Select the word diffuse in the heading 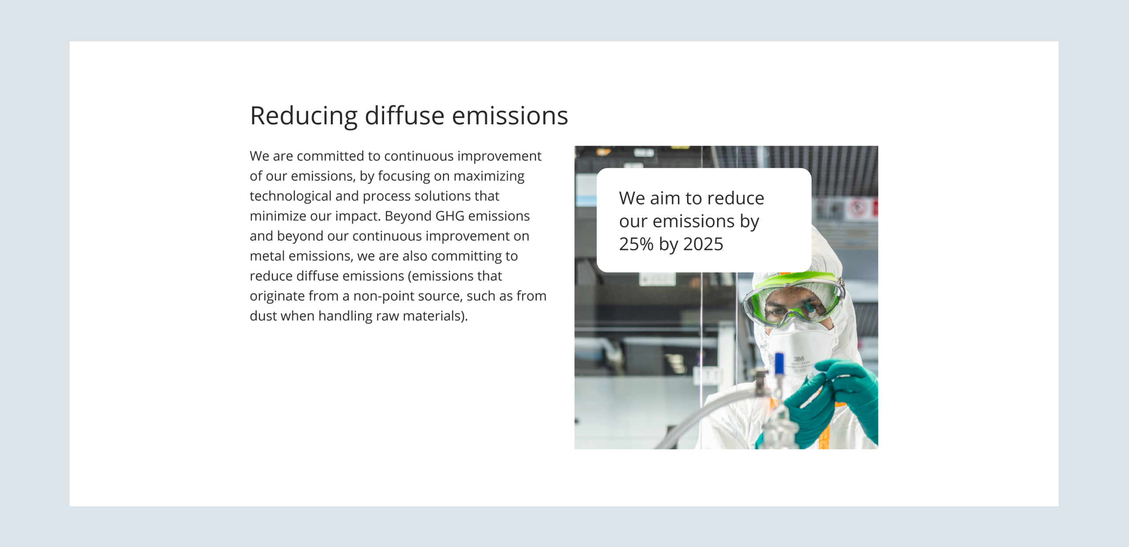tap(404, 116)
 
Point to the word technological tap(290, 196)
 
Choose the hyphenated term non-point tap(383, 296)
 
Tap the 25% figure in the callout tap(636, 244)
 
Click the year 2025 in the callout tap(703, 244)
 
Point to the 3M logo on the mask tap(799, 359)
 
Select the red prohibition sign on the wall tap(857, 208)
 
